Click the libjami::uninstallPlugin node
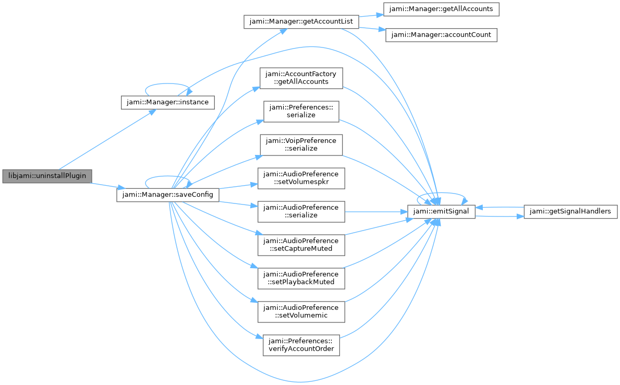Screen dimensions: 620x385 pyautogui.click(x=47, y=176)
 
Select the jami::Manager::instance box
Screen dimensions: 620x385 pyautogui.click(x=168, y=102)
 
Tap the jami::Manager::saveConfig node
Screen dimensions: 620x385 pyautogui.click(x=168, y=195)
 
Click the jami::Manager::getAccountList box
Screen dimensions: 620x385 pyautogui.click(x=301, y=22)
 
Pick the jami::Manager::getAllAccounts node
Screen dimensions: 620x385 pyautogui.click(x=441, y=9)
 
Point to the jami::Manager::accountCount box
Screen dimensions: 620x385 pyautogui.click(x=441, y=35)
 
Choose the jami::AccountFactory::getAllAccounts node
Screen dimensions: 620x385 pyautogui.click(x=301, y=78)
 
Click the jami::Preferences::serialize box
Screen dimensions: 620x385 pyautogui.click(x=301, y=112)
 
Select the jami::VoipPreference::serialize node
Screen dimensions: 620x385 pyautogui.click(x=301, y=145)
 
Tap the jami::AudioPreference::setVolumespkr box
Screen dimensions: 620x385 pyautogui.click(x=301, y=178)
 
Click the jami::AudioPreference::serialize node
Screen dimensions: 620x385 pyautogui.click(x=301, y=212)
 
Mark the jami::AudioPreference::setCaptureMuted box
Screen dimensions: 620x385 pyautogui.click(x=301, y=245)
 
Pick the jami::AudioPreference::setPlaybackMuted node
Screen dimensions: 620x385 pyautogui.click(x=301, y=279)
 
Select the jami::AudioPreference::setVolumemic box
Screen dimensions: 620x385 pyautogui.click(x=301, y=312)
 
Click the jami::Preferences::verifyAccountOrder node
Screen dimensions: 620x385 pyautogui.click(x=301, y=345)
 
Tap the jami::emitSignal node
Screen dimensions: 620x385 pyautogui.click(x=441, y=212)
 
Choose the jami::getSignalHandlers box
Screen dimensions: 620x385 pyautogui.click(x=570, y=212)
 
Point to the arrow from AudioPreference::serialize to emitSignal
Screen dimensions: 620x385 pyautogui.click(x=376, y=212)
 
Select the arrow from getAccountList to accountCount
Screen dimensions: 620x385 pyautogui.click(x=372, y=29)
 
